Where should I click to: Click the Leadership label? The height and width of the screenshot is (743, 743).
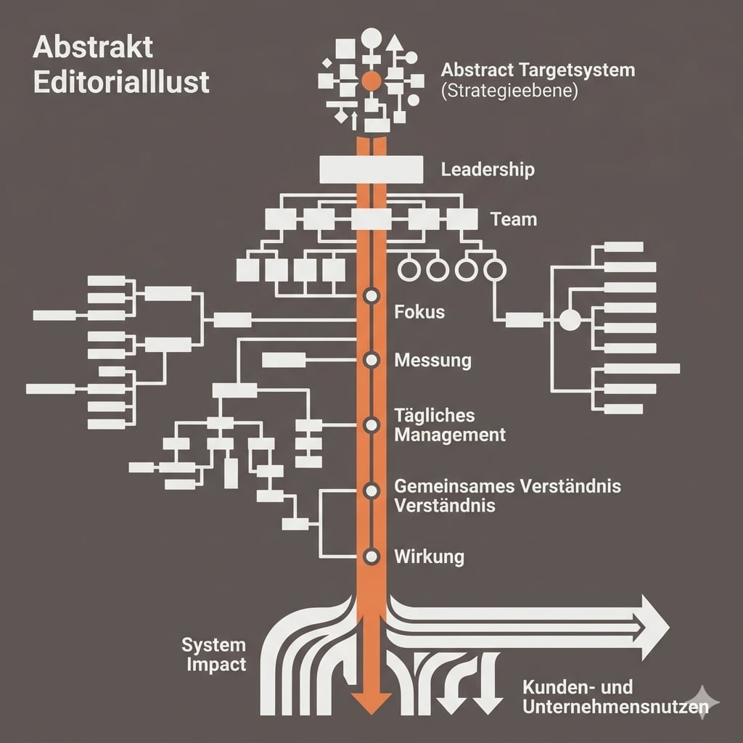[488, 170]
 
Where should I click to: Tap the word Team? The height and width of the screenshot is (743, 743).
[514, 218]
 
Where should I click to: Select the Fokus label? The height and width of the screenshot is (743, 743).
[419, 313]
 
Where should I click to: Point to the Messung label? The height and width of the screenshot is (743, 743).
[432, 360]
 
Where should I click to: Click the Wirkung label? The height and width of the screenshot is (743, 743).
[429, 557]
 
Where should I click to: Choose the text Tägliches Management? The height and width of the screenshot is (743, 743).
[449, 425]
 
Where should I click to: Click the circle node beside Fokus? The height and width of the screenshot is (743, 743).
[371, 296]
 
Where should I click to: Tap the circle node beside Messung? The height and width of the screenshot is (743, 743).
[371, 359]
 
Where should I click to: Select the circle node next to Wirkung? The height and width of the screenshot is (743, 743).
[371, 557]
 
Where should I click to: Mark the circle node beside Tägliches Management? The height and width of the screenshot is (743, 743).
[371, 424]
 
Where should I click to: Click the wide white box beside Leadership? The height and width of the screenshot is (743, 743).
[371, 170]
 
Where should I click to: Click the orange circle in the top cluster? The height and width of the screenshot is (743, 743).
[371, 81]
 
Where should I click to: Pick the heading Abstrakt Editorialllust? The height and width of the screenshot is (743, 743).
[121, 65]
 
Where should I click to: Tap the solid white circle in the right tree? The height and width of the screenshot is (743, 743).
[570, 319]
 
